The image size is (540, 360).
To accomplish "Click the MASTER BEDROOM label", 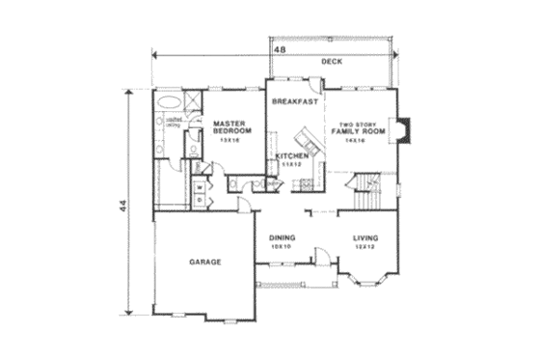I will (232, 126).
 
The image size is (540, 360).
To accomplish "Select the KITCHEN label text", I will (291, 155).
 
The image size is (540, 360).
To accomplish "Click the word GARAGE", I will (205, 262).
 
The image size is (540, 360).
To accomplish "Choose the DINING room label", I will (283, 238).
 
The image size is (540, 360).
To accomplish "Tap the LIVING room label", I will (364, 238).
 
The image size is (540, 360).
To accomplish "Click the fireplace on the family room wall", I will (406, 129).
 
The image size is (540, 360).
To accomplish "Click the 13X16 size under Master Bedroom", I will (229, 141).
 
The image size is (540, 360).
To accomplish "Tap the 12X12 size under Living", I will (364, 247).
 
